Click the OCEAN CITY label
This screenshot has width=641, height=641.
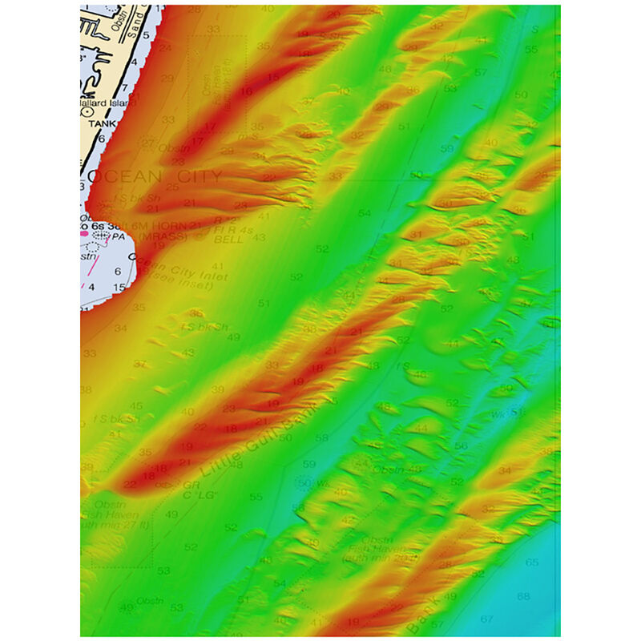click(153, 176)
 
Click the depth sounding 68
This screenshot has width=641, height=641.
click(523, 596)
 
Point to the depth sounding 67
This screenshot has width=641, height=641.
click(486, 619)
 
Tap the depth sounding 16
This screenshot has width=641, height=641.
click(246, 92)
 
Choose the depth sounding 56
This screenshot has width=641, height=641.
click(461, 445)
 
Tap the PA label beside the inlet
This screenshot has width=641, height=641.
click(119, 236)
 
